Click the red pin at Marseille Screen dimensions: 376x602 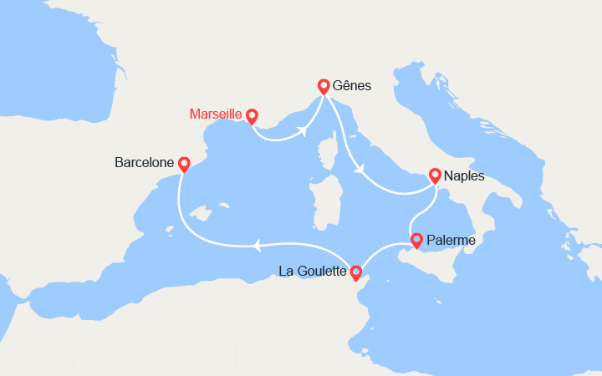click(251, 117)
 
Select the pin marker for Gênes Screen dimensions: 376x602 click(324, 86)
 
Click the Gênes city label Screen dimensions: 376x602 click(351, 86)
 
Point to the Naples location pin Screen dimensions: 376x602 click(435, 175)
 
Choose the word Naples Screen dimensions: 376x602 click(466, 176)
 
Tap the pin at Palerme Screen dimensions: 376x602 click(416, 241)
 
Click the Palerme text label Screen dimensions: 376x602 click(451, 241)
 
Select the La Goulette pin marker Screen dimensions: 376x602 click(356, 272)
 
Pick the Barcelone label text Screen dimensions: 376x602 click(144, 161)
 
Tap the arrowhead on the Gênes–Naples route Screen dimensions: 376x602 click(360, 170)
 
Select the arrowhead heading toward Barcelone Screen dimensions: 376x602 click(257, 245)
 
